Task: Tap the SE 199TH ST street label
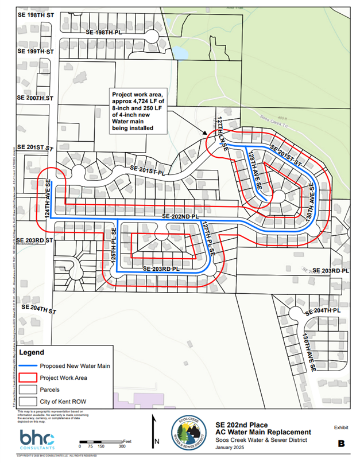click(35, 52)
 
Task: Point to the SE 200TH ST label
click(35, 99)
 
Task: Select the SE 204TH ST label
click(39, 308)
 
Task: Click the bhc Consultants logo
click(38, 439)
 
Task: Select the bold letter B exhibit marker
click(340, 443)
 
